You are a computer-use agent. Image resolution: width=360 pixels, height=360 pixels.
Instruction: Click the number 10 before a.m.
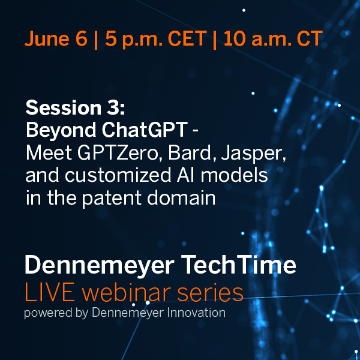pyautogui.click(x=234, y=40)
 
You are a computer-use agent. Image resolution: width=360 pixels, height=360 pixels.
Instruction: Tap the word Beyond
pyautogui.click(x=57, y=130)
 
